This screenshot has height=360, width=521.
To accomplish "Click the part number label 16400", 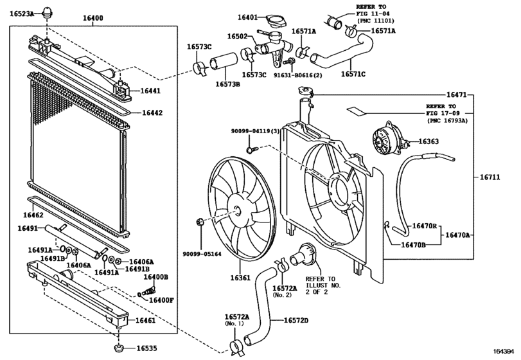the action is (x=93, y=18).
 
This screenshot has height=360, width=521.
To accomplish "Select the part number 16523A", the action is (x=22, y=14).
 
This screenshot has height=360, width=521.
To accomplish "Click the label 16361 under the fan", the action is (x=240, y=278).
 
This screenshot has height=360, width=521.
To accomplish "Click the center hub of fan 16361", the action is (x=236, y=211).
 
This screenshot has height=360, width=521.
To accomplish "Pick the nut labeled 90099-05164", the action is (x=200, y=222).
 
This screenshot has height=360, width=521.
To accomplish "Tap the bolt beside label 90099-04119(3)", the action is (x=252, y=150).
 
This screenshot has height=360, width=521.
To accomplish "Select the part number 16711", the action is (x=490, y=177).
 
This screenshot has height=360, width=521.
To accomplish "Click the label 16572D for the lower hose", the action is (x=296, y=320).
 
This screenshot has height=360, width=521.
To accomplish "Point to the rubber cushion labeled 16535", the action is (x=119, y=349).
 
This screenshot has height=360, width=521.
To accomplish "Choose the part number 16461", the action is (x=146, y=320).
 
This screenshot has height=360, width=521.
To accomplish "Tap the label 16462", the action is (x=33, y=215).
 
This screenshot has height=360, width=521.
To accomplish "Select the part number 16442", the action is (x=152, y=113).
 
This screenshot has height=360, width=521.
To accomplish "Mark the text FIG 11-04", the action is (x=373, y=14).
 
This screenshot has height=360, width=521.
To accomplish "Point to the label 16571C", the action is (x=353, y=74).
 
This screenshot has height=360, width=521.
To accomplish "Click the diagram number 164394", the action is (x=506, y=352).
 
